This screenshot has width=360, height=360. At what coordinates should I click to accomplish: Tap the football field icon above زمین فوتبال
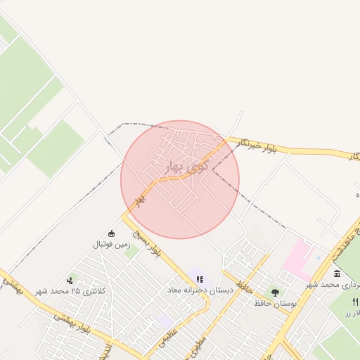coord(111,233)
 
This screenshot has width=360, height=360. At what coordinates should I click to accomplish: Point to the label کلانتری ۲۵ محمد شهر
coord(69,291)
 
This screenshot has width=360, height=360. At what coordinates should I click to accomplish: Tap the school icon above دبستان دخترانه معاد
coord(200,279)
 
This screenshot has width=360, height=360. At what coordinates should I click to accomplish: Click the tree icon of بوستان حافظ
coord(275,292)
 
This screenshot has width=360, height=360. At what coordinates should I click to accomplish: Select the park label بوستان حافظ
coord(278,304)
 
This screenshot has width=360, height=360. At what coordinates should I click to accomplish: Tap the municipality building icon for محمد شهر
coord(337,274)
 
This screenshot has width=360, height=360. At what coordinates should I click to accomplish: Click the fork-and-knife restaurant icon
coord(355,301)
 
